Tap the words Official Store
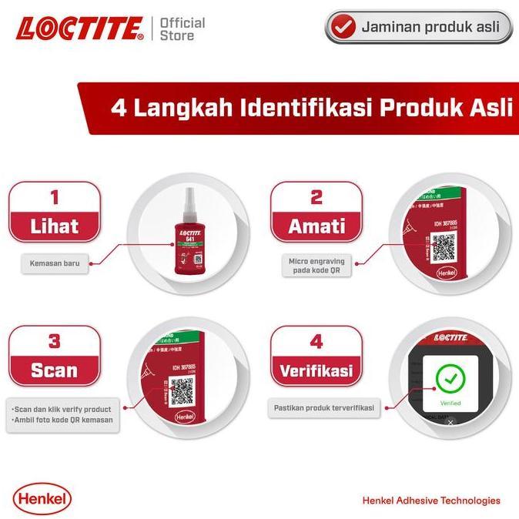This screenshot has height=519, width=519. click(182, 28)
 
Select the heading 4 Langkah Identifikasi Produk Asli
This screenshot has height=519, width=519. click(311, 107)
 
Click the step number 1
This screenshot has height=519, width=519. click(54, 196)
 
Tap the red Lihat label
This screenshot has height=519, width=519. click(54, 226)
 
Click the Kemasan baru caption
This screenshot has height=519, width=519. click(54, 265)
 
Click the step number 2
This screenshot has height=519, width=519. click(316, 196)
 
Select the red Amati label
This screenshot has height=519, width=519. click(316, 226)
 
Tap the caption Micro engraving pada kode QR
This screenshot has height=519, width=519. click(316, 266)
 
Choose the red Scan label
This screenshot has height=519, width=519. click(54, 370)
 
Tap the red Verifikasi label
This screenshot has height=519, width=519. click(316, 370)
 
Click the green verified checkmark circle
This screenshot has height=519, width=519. click(451, 378)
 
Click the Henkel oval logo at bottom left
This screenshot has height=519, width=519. click(42, 499)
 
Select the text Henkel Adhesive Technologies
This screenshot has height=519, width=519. click(430, 501)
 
